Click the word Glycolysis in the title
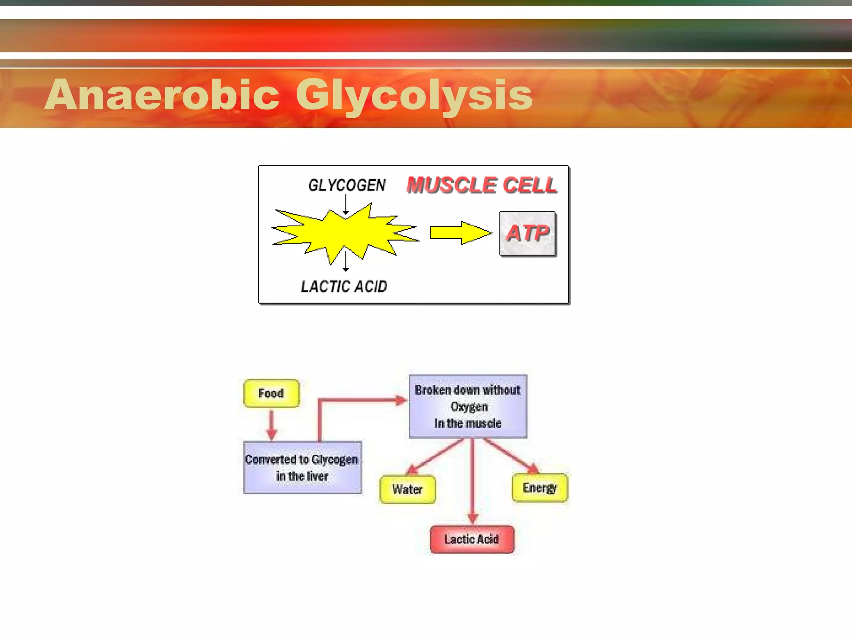point(414,96)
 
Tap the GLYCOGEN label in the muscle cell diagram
point(347,185)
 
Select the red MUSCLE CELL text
point(482,185)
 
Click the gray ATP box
point(528,233)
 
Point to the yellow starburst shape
point(345,233)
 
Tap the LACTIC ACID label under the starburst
point(344,287)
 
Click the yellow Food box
point(271,393)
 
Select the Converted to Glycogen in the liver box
point(302,468)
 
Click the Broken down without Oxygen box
point(468,406)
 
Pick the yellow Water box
point(407,489)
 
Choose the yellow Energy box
point(540,488)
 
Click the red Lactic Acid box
point(472,540)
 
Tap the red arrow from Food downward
point(272,424)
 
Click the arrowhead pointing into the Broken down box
point(401,401)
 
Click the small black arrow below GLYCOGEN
point(346,206)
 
